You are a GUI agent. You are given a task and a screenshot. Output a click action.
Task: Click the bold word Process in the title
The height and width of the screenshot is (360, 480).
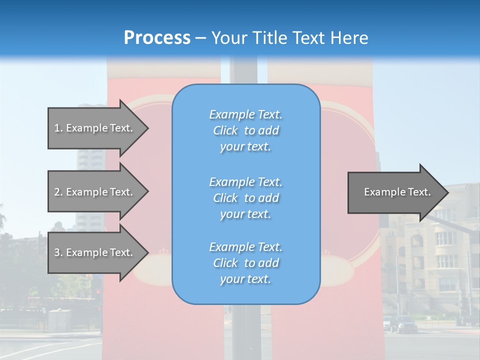[157, 37]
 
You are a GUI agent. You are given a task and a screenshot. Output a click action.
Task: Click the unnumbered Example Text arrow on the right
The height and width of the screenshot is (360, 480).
[395, 192]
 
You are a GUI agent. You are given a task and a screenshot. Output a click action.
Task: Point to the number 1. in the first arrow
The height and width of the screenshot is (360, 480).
[58, 128]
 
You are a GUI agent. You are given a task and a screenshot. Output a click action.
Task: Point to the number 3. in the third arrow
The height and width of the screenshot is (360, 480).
[58, 252]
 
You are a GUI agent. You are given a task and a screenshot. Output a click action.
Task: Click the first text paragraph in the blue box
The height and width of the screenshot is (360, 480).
[245, 130]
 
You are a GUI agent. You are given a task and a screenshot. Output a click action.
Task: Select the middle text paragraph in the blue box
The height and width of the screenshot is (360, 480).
[245, 198]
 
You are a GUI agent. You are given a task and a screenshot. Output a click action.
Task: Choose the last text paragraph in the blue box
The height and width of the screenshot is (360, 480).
[245, 263]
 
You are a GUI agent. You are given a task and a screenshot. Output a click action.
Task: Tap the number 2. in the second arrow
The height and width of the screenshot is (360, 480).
[58, 192]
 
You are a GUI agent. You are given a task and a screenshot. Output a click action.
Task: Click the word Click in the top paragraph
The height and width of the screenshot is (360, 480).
[225, 130]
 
